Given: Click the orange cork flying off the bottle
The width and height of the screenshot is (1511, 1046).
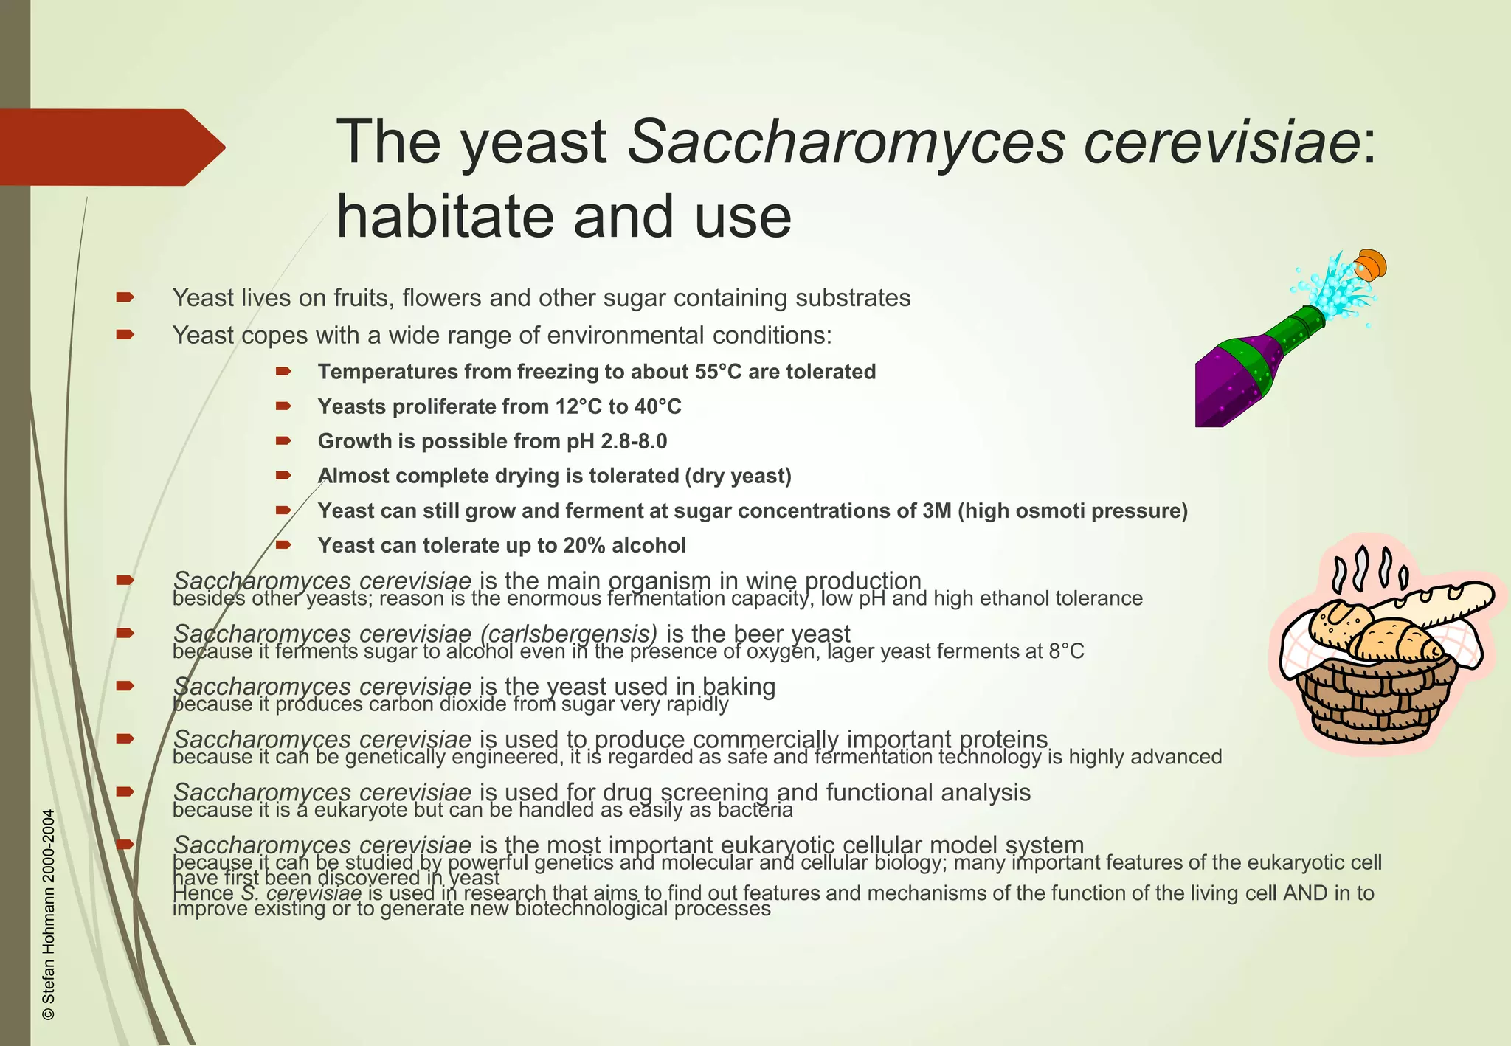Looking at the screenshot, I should pyautogui.click(x=1371, y=264).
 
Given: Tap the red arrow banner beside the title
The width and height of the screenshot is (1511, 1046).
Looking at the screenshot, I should pyautogui.click(x=111, y=148).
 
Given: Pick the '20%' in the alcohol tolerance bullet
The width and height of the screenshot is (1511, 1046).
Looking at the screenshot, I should pyautogui.click(x=584, y=546).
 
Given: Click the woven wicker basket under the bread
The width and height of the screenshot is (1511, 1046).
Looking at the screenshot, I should pyautogui.click(x=1377, y=701).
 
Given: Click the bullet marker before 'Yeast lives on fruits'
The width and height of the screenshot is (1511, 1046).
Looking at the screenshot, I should pyautogui.click(x=125, y=297).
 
